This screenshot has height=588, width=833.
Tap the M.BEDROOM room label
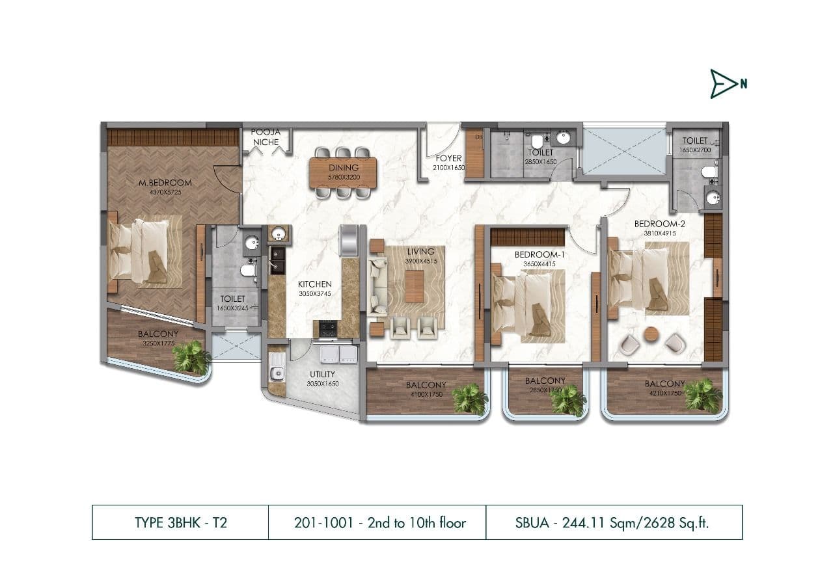coord(165,182)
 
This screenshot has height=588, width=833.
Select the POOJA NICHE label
coord(266,137)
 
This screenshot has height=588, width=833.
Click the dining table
coord(344,173)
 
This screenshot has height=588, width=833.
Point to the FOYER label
coord(448,159)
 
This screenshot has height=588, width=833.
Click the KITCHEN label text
coord(315,284)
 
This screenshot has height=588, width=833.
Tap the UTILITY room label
coord(322,374)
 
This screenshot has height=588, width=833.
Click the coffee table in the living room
coord(414,286)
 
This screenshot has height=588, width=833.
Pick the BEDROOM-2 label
coord(659,224)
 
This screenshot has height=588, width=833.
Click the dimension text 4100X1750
coord(426,394)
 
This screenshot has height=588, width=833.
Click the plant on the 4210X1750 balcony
coord(703,395)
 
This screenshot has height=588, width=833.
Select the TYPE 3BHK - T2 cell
coord(180,522)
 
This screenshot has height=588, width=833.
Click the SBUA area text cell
coord(614,522)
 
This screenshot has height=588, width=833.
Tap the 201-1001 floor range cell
coord(377,522)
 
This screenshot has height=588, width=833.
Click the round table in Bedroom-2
coord(651,334)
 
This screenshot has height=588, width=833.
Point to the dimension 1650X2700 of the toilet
coord(695,150)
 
